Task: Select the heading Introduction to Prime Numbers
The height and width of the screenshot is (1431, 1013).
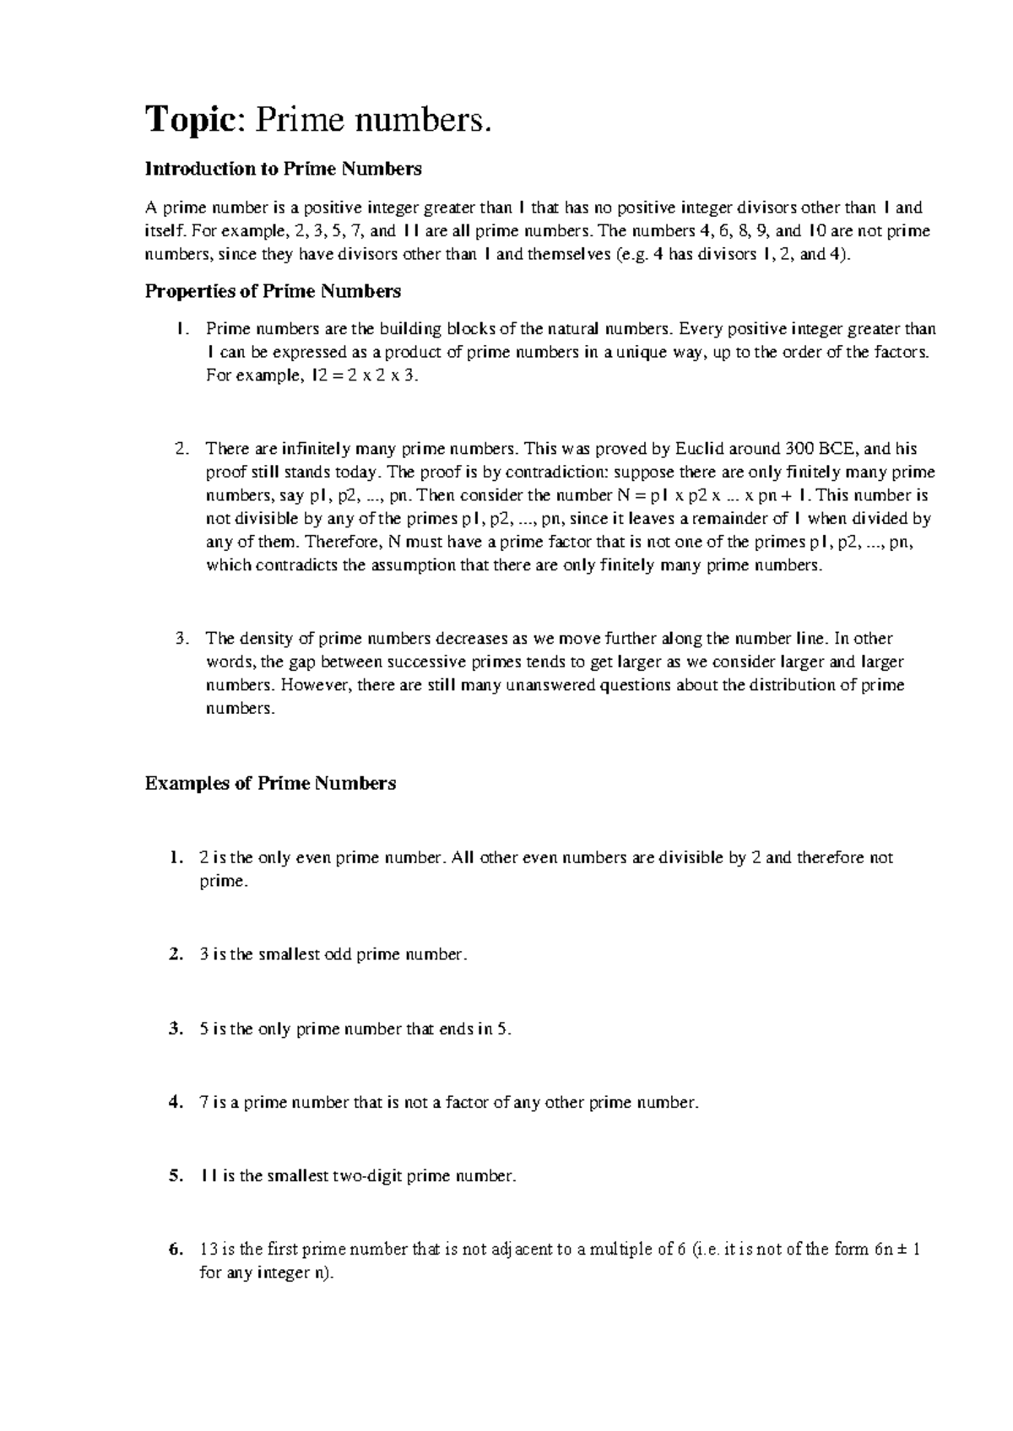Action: click(283, 169)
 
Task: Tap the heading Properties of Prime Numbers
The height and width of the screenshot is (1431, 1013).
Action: click(273, 291)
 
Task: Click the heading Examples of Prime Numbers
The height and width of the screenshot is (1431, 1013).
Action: click(270, 783)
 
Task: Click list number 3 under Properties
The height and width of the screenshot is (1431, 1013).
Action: click(181, 638)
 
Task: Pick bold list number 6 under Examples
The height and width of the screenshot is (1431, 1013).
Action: click(175, 1250)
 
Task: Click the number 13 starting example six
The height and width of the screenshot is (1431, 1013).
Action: click(208, 1250)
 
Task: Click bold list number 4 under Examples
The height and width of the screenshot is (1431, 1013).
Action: click(175, 1103)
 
